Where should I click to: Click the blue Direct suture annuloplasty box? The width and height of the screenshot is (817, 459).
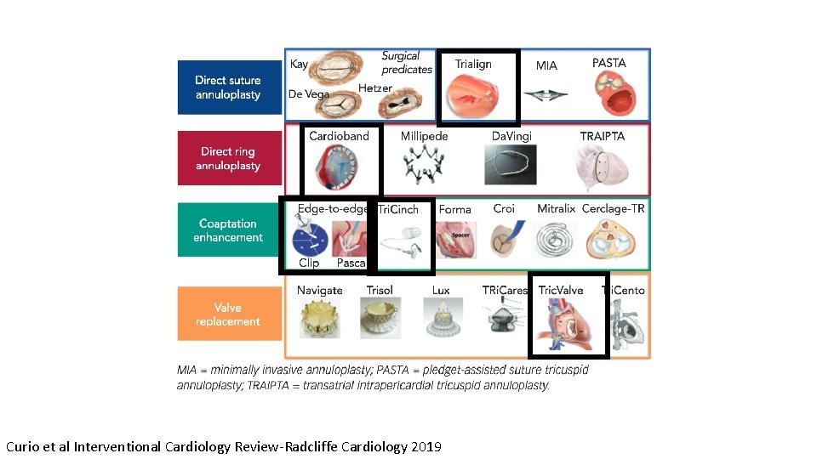pyautogui.click(x=228, y=87)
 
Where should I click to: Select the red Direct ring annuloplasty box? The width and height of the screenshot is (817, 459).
pyautogui.click(x=228, y=158)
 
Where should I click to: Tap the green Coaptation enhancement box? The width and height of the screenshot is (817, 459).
pyautogui.click(x=228, y=230)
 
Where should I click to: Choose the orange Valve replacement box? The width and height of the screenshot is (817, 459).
pyautogui.click(x=228, y=314)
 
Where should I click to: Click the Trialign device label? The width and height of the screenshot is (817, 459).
pyautogui.click(x=473, y=65)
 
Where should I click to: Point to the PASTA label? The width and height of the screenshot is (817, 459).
pyautogui.click(x=608, y=63)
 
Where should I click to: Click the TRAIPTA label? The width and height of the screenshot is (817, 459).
pyautogui.click(x=602, y=136)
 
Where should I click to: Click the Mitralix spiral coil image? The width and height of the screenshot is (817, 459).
pyautogui.click(x=556, y=239)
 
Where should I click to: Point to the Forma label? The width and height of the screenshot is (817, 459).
pyautogui.click(x=454, y=209)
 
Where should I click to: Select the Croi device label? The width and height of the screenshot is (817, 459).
pyautogui.click(x=504, y=208)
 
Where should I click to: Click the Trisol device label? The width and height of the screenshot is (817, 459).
pyautogui.click(x=380, y=290)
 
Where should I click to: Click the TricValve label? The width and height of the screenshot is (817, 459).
pyautogui.click(x=561, y=290)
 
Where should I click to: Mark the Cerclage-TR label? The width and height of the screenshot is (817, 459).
pyautogui.click(x=613, y=208)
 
